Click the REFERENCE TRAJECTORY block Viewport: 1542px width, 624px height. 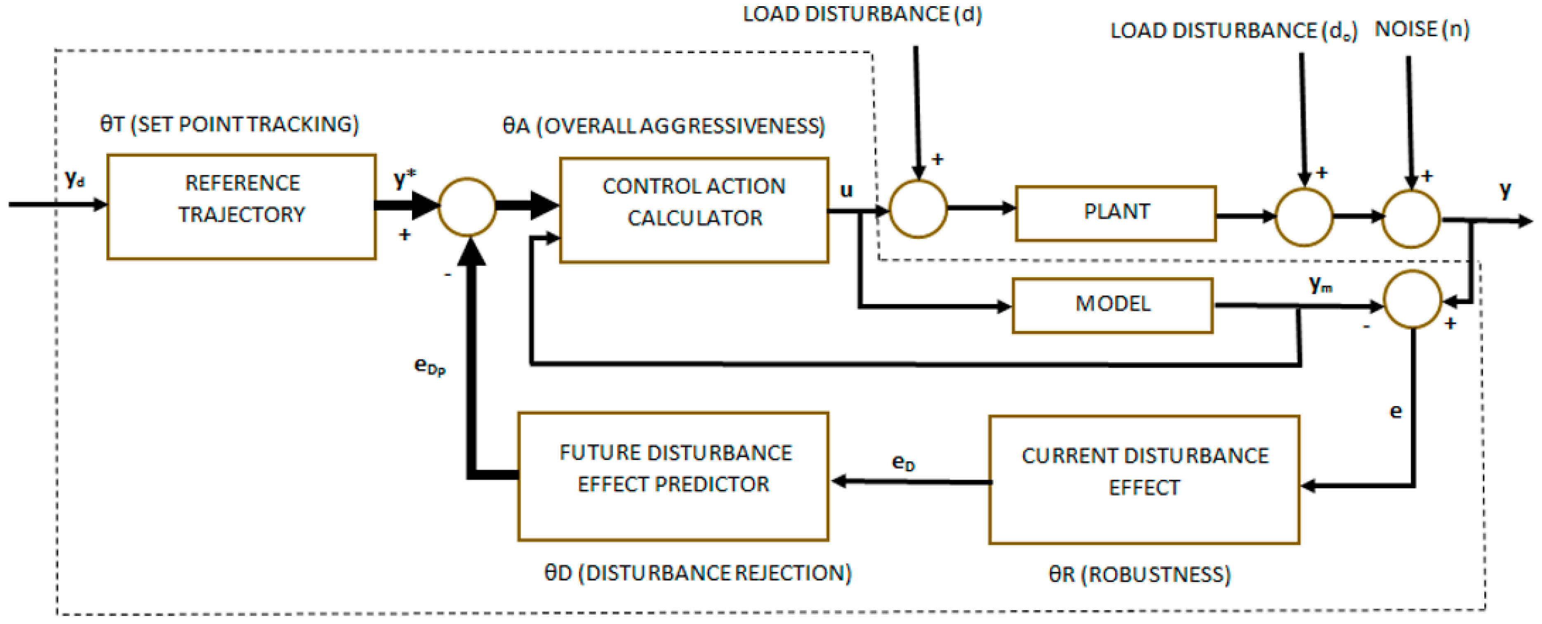[241, 207]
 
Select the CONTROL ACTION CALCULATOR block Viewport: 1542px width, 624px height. [694, 210]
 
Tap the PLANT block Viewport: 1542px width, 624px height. [1116, 213]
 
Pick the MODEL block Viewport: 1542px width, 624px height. [1112, 305]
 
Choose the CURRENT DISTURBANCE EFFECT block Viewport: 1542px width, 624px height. [1144, 479]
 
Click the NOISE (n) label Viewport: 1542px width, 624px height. [1422, 29]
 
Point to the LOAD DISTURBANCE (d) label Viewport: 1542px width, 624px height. [862, 14]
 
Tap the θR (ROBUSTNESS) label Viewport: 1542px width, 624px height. [1140, 574]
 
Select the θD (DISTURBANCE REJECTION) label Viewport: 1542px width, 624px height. [697, 572]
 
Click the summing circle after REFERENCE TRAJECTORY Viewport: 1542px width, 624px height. [467, 207]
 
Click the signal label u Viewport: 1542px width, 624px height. [846, 190]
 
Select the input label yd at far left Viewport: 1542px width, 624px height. [74, 178]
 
